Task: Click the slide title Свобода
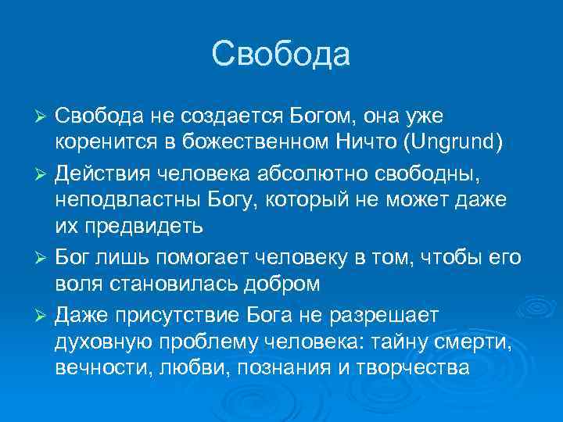point(281,55)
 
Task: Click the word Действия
point(98,170)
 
